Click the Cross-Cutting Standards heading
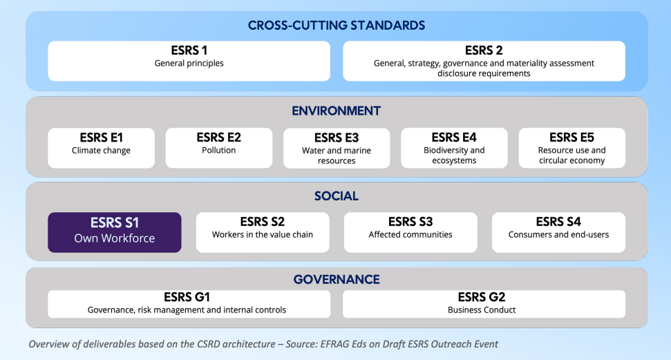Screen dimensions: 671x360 click(x=337, y=26)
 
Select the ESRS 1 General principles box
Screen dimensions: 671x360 click(x=189, y=61)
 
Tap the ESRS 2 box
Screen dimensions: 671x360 click(x=484, y=61)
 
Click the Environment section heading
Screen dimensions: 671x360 click(x=337, y=111)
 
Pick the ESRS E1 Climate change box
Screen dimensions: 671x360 click(x=102, y=148)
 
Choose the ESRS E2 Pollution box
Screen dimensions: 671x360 click(x=218, y=148)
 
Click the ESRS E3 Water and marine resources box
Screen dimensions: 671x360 click(x=337, y=148)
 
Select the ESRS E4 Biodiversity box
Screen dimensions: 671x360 click(x=454, y=148)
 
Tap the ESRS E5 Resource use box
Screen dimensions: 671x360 click(x=571, y=148)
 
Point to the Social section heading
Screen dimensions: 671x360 click(x=337, y=196)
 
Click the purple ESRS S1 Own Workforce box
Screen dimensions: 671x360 click(x=115, y=232)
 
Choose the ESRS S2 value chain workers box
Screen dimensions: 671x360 click(x=263, y=232)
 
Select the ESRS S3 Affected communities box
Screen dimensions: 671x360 click(x=410, y=232)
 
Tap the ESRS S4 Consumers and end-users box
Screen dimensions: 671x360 click(x=558, y=232)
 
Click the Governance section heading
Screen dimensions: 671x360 click(x=337, y=280)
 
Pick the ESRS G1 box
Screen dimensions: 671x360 click(x=189, y=304)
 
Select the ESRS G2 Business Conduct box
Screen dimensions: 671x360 click(x=484, y=304)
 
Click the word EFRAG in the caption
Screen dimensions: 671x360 click(x=334, y=344)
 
